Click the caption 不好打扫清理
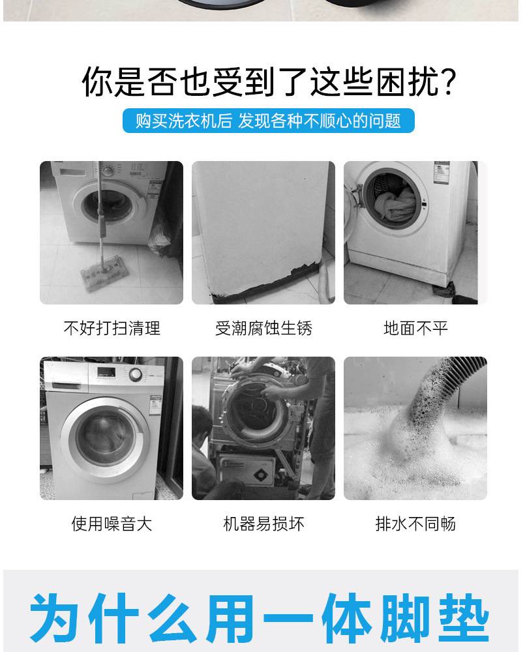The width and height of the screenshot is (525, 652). tap(112, 328)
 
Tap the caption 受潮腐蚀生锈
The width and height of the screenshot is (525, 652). tap(263, 328)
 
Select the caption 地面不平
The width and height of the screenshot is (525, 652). tap(415, 328)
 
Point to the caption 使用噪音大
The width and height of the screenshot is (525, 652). tap(112, 524)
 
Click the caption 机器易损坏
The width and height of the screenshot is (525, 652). tap(263, 524)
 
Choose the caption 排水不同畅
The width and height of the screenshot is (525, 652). tap(415, 524)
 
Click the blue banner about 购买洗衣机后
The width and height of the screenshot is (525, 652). tap(268, 121)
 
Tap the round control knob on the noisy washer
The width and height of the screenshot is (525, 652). tap(135, 374)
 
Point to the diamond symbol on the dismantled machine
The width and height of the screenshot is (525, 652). tap(260, 475)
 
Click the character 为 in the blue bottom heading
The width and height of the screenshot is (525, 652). tap(54, 618)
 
